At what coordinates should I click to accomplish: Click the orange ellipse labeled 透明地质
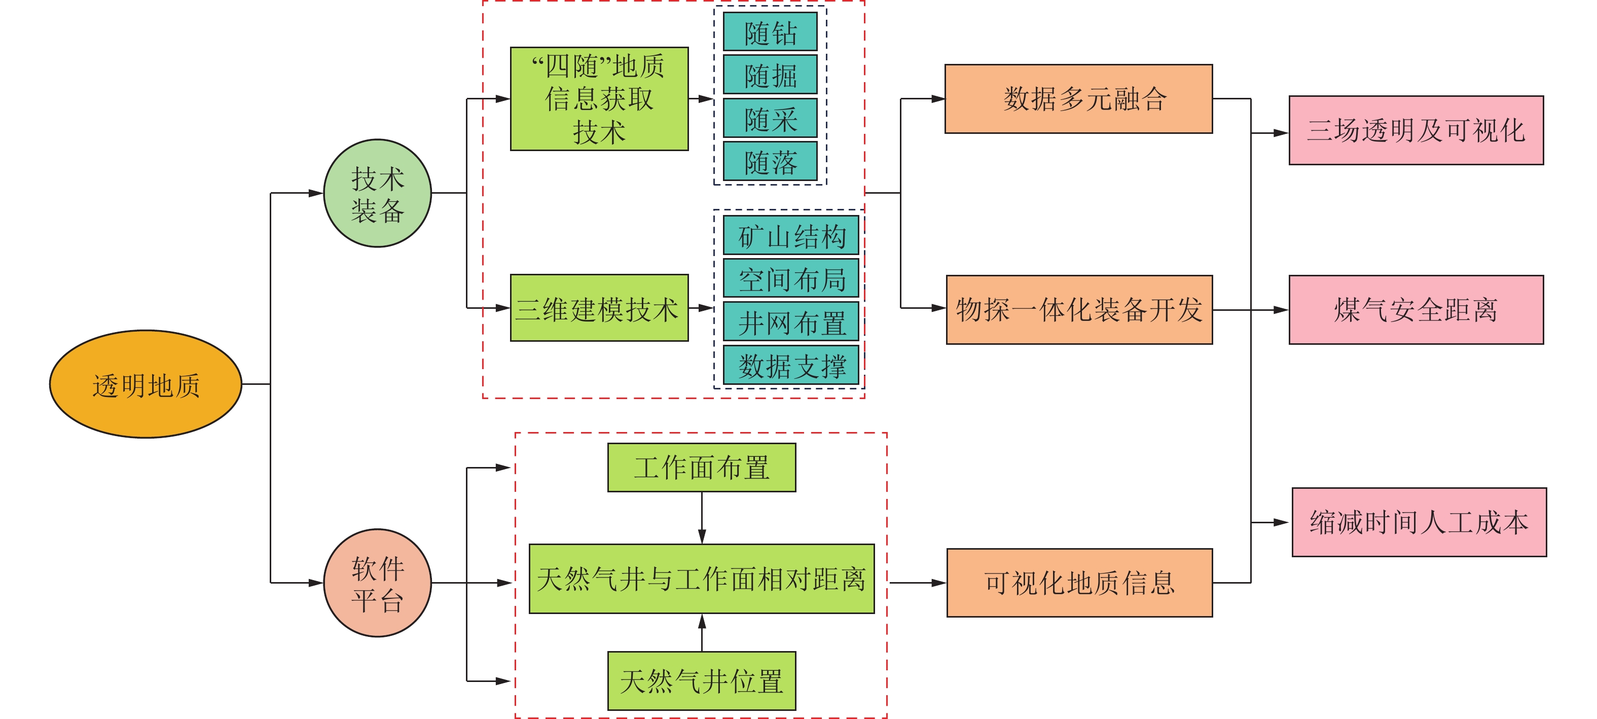[146, 384]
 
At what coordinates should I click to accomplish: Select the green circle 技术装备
[378, 193]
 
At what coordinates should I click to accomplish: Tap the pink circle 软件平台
[378, 583]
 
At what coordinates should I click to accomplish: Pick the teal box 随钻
[770, 32]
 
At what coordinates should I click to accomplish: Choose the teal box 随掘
[770, 75]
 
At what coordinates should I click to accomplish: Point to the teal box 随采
[770, 118]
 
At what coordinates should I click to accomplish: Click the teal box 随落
[770, 162]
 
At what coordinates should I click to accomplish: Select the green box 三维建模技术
[599, 308]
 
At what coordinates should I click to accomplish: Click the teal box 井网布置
[791, 321]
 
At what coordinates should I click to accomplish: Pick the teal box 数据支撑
[791, 365]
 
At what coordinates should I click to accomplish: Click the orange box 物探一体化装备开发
[1079, 309]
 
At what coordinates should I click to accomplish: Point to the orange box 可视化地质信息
[1079, 583]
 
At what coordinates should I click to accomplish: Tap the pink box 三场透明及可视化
[1416, 130]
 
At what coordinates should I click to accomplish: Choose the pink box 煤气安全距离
[1416, 309]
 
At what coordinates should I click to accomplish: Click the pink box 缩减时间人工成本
[1419, 522]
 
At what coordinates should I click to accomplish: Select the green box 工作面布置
[702, 468]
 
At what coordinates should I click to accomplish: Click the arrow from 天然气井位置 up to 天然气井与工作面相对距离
[702, 632]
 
